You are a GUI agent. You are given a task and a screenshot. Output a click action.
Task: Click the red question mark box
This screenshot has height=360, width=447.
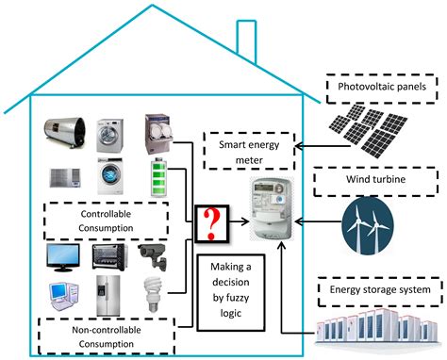[x=212, y=223]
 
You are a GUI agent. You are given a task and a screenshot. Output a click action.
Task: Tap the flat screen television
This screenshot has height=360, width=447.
[x=65, y=256]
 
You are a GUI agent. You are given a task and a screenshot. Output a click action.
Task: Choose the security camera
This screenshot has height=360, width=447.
[x=153, y=253]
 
